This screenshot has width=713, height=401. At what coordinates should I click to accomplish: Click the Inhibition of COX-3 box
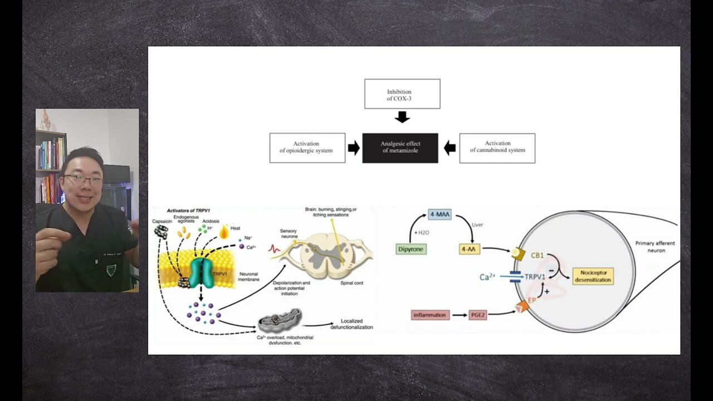(402, 94)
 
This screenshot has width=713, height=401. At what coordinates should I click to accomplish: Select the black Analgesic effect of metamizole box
(400, 148)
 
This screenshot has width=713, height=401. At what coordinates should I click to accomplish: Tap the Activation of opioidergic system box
(307, 148)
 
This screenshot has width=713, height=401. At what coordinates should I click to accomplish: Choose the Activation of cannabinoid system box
(497, 148)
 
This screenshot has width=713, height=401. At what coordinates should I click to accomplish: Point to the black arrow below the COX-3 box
(402, 117)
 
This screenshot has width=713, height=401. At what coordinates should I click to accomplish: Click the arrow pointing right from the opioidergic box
(354, 148)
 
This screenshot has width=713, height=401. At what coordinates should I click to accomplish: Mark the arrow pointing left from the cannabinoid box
(450, 148)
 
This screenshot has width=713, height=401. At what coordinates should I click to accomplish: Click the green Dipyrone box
(411, 249)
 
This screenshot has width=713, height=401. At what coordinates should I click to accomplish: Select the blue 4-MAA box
(439, 214)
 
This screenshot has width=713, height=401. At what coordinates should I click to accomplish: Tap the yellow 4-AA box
(469, 249)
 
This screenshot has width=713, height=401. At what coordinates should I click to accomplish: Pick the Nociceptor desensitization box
(593, 276)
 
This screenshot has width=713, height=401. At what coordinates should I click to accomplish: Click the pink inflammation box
(430, 315)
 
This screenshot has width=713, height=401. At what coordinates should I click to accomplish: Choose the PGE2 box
(478, 315)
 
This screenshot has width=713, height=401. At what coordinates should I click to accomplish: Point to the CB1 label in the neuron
(537, 256)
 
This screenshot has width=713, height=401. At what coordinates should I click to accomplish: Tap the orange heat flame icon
(224, 232)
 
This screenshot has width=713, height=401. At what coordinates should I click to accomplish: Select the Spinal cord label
(351, 283)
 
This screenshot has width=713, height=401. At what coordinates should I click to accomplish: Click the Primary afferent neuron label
(655, 247)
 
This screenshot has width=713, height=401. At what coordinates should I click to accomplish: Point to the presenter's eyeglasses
(83, 179)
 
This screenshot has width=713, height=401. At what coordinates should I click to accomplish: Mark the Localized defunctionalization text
(351, 324)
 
